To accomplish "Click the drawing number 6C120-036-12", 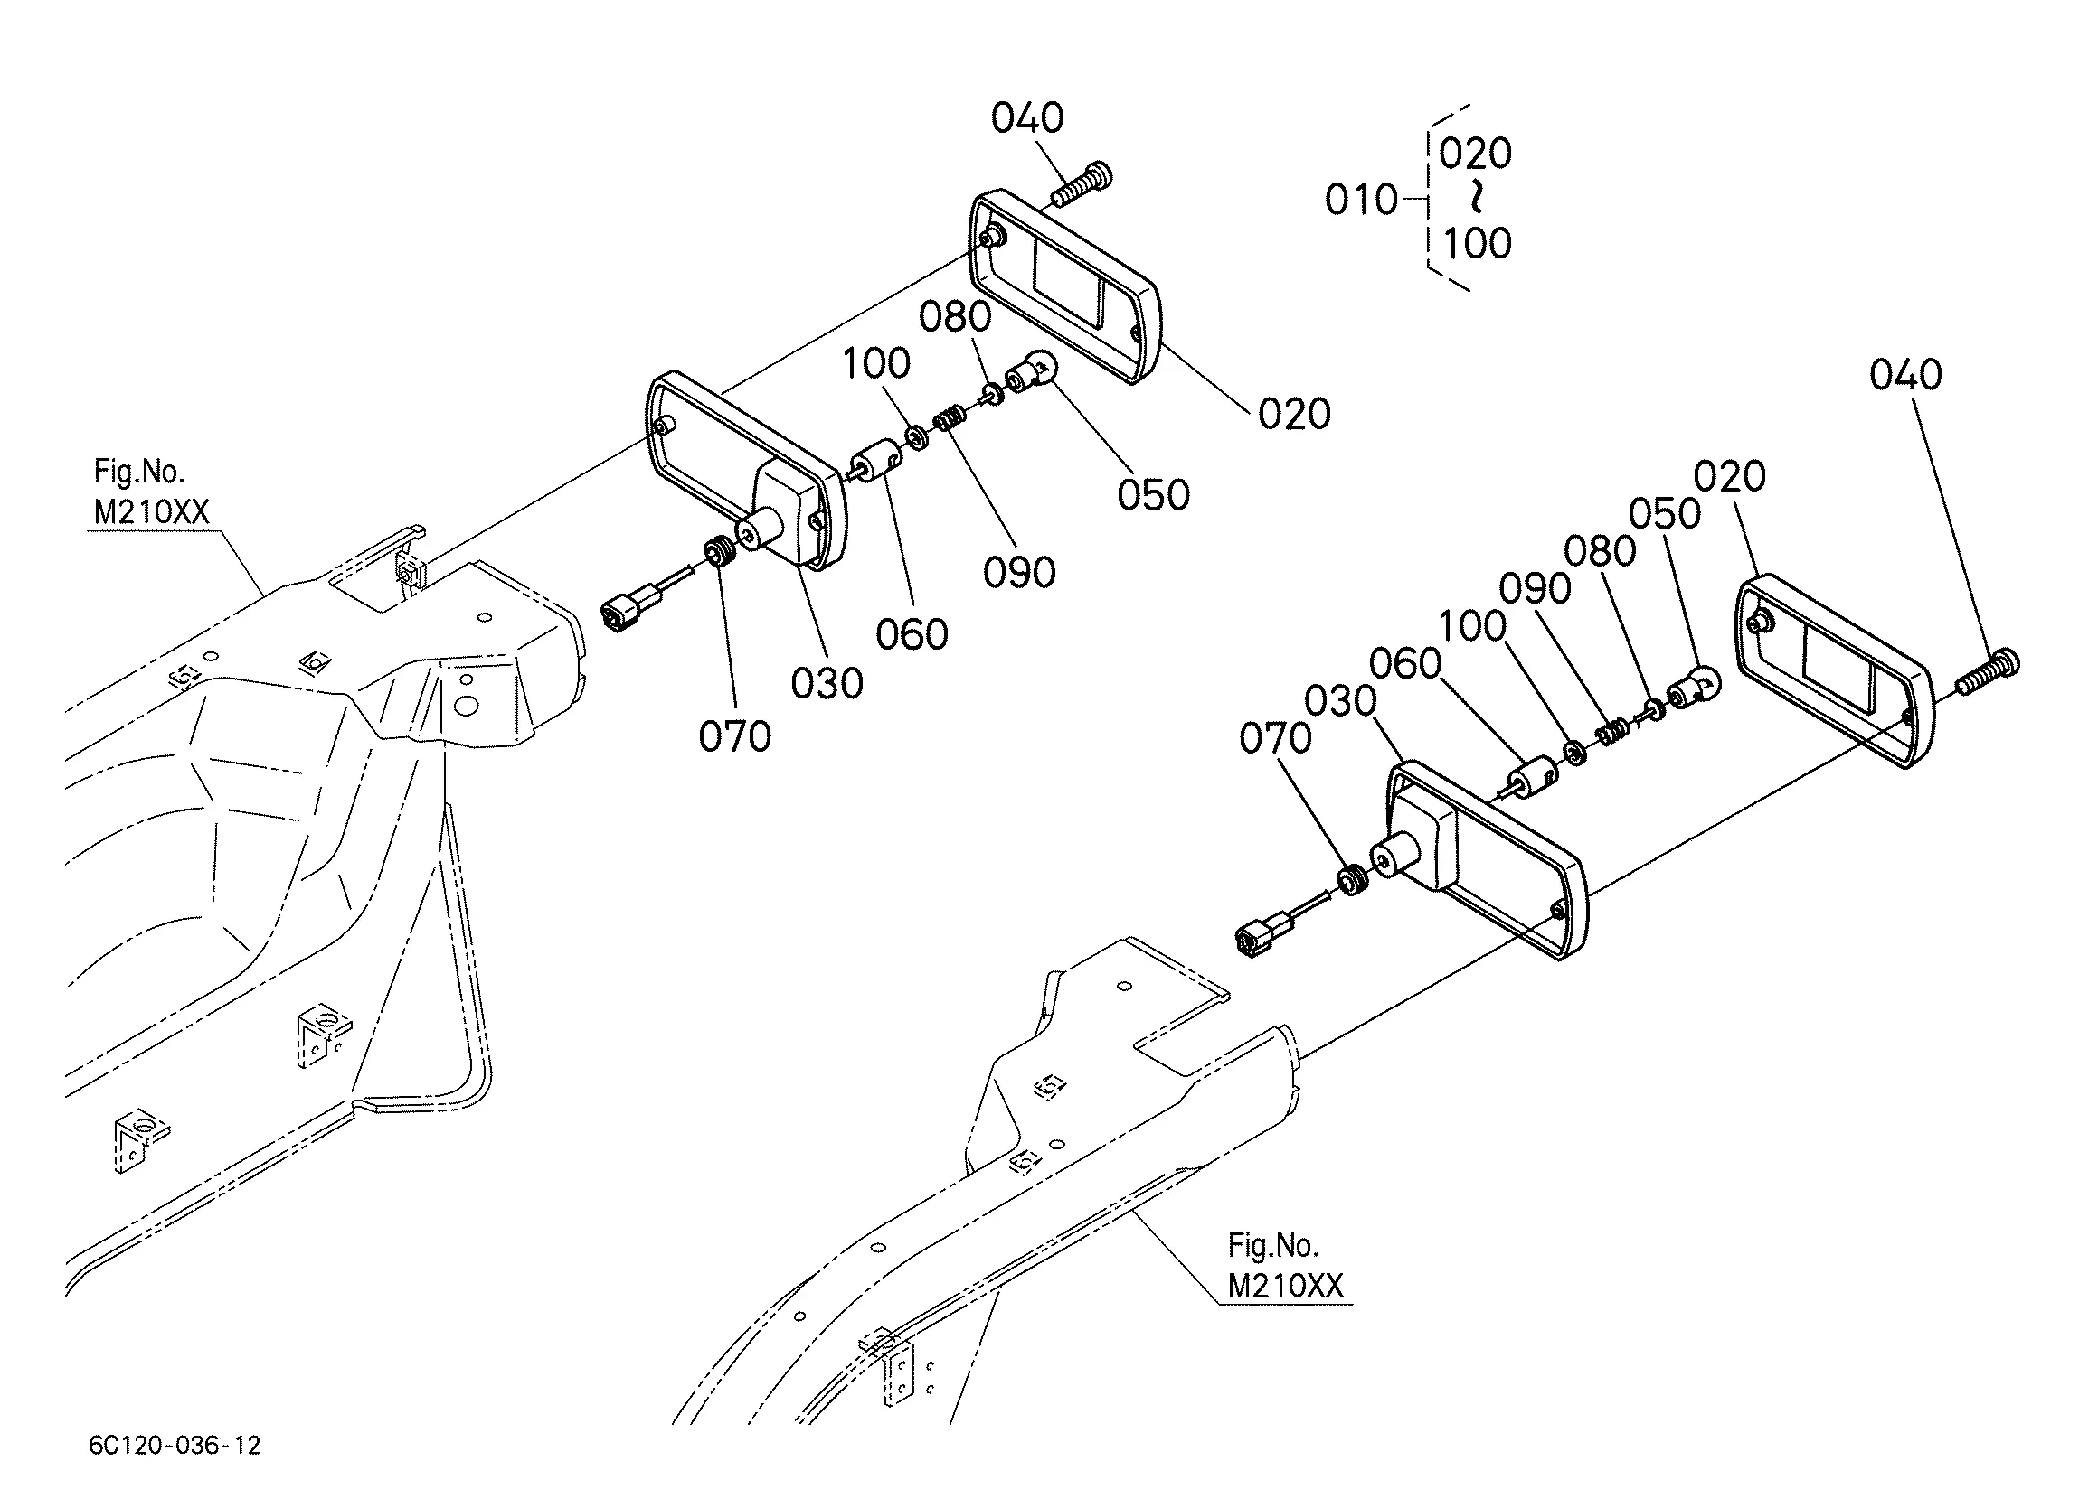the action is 175,1446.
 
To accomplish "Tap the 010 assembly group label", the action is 1361,200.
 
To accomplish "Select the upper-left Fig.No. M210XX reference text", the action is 151,492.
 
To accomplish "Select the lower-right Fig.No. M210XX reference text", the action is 1285,1266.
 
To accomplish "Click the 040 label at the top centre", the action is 1026,118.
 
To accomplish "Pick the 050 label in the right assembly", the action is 1665,515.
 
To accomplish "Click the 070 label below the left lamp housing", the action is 734,736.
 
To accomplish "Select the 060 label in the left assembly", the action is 912,635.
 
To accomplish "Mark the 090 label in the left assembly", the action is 1019,573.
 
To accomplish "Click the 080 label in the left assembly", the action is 955,317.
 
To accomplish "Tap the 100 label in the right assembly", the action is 1472,627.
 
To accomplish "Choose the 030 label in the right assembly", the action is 1340,702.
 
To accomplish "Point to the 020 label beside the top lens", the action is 1294,415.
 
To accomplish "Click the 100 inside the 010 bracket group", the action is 1477,244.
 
